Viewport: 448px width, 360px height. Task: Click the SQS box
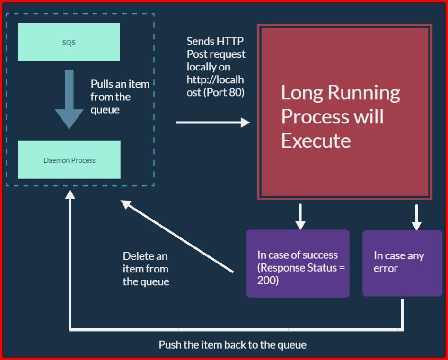tap(69, 42)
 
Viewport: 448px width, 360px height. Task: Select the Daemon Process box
tap(69, 160)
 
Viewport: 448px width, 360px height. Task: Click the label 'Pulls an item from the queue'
tap(120, 97)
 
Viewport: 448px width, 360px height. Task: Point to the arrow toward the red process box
tap(213, 123)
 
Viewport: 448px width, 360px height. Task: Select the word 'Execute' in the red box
tap(316, 140)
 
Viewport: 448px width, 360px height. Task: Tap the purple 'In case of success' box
tap(298, 263)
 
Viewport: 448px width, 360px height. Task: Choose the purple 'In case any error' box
tap(402, 263)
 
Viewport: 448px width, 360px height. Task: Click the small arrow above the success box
tap(300, 217)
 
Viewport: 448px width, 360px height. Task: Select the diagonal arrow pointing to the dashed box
tap(177, 237)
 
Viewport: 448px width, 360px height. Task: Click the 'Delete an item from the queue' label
tap(146, 269)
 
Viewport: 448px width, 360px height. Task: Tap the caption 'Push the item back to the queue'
tap(232, 344)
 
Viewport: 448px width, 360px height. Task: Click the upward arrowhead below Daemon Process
tap(70, 195)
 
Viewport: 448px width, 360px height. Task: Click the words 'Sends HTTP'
tap(215, 41)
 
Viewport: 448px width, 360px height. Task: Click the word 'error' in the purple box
tap(386, 268)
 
